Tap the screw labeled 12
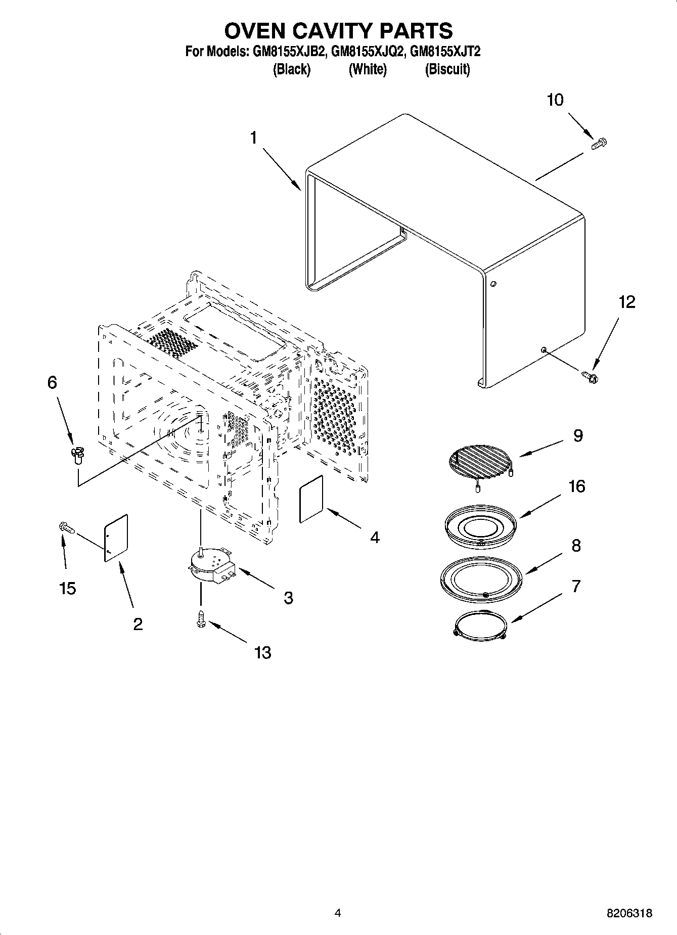click(x=590, y=376)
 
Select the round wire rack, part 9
click(x=479, y=461)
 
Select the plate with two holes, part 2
click(x=116, y=538)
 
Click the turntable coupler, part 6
click(x=77, y=455)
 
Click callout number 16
click(x=576, y=486)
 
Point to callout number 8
click(x=576, y=546)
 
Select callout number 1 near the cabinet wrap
click(x=254, y=138)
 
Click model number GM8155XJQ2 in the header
click(x=368, y=52)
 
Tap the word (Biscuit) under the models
click(x=447, y=69)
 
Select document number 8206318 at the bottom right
click(x=629, y=913)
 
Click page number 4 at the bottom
click(x=338, y=913)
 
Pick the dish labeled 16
click(x=480, y=526)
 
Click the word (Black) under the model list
click(x=291, y=69)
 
